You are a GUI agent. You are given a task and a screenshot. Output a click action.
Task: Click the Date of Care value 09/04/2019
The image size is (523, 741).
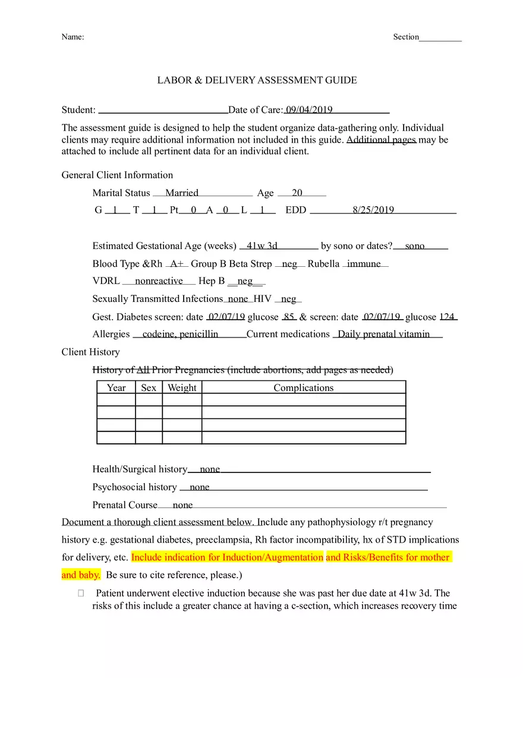[x=309, y=110]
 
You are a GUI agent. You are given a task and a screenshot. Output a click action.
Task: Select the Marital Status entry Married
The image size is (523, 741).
[x=182, y=193]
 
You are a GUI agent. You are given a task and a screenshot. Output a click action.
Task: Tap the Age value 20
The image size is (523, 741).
[x=297, y=193]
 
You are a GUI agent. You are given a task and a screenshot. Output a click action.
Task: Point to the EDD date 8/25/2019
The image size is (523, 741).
[x=373, y=210]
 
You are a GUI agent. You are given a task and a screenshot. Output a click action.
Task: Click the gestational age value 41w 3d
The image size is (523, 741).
[x=262, y=246]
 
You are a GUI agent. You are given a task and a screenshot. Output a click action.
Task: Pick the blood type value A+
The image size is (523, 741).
[x=177, y=264]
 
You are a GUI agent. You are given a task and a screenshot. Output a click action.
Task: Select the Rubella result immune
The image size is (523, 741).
[x=364, y=264]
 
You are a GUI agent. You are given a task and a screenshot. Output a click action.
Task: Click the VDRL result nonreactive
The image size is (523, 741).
[x=159, y=281]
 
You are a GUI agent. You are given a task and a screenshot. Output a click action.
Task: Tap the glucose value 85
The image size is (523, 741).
[x=289, y=317]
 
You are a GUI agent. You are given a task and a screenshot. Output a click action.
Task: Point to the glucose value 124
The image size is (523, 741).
[x=448, y=317]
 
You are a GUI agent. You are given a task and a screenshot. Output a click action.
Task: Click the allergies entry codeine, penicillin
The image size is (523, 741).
[x=180, y=334]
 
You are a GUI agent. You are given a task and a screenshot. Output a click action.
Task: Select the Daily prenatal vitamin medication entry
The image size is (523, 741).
[x=383, y=334]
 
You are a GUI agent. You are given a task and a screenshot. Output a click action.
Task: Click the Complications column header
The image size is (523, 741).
[x=303, y=388]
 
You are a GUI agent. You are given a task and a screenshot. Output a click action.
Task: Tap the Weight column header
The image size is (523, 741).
[x=182, y=388]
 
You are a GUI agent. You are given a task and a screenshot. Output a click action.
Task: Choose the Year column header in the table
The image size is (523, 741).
[x=116, y=388]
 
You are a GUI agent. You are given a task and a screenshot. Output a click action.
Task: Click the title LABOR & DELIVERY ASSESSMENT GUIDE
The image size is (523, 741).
[x=257, y=80]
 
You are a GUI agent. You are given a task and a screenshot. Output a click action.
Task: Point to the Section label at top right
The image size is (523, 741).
[x=406, y=37]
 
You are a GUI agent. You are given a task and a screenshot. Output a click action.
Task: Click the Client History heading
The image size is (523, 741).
[x=90, y=352]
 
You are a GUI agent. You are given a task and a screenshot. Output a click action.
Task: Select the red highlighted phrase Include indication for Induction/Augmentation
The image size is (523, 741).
[x=227, y=557]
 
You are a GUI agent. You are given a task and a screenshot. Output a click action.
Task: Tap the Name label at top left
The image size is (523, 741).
[x=73, y=37]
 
